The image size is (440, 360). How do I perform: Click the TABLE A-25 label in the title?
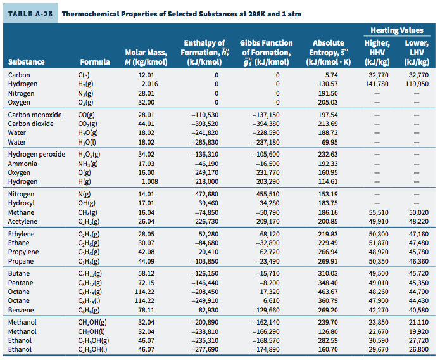(x=29, y=14)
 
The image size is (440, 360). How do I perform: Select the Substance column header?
(x=26, y=62)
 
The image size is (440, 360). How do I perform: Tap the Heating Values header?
(x=397, y=30)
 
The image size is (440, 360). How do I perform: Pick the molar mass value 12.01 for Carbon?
(x=146, y=74)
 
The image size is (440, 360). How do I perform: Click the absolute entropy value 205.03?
(x=327, y=102)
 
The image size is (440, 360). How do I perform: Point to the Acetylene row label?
(x=22, y=222)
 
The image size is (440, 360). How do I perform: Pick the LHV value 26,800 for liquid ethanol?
(x=418, y=349)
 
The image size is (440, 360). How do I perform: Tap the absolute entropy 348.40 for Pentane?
(x=327, y=282)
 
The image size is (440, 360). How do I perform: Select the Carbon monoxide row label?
(x=35, y=115)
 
